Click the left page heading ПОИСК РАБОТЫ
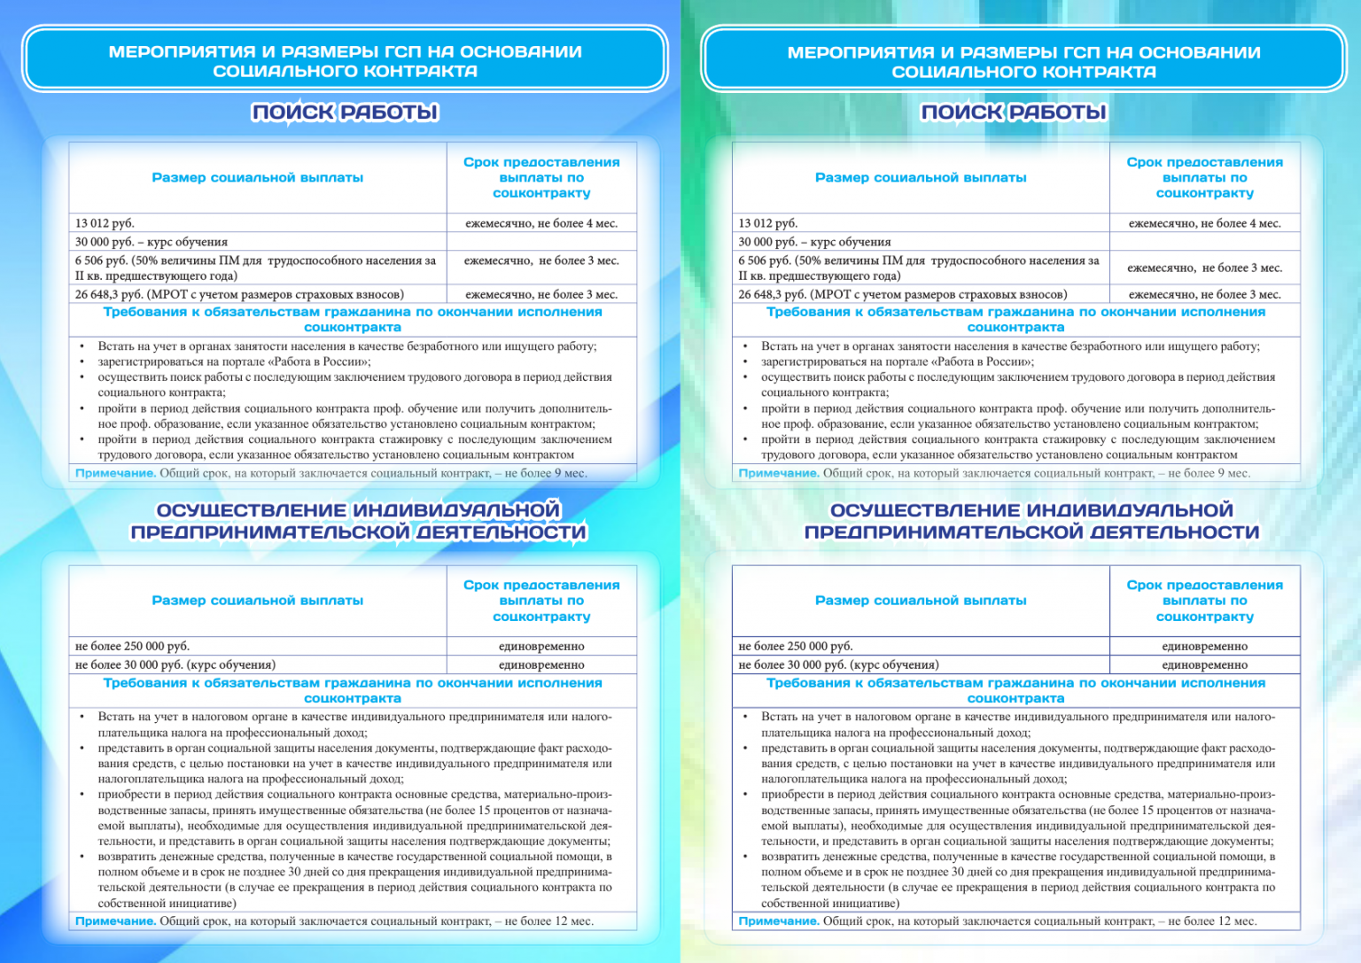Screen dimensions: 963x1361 pos(345,113)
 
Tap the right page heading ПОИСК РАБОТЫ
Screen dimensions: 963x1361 pos(1014,113)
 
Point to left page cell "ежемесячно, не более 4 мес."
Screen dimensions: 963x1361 pos(541,223)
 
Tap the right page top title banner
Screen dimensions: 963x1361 pos(1023,61)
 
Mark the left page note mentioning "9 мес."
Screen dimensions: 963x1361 pos(331,473)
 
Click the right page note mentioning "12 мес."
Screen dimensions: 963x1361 pos(997,921)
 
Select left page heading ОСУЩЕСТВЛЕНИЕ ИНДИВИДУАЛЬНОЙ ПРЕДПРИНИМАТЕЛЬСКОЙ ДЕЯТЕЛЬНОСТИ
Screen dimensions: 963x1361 pos(358,521)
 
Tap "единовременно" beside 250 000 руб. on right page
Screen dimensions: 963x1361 pos(1204,646)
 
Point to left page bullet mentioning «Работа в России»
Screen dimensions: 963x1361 pos(234,361)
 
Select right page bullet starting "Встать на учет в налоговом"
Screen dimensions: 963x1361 pos(1017,724)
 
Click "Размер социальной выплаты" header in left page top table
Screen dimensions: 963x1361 pos(257,178)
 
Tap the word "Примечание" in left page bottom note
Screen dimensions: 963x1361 pos(115,921)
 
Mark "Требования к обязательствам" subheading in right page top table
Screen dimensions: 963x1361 pos(1015,319)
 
